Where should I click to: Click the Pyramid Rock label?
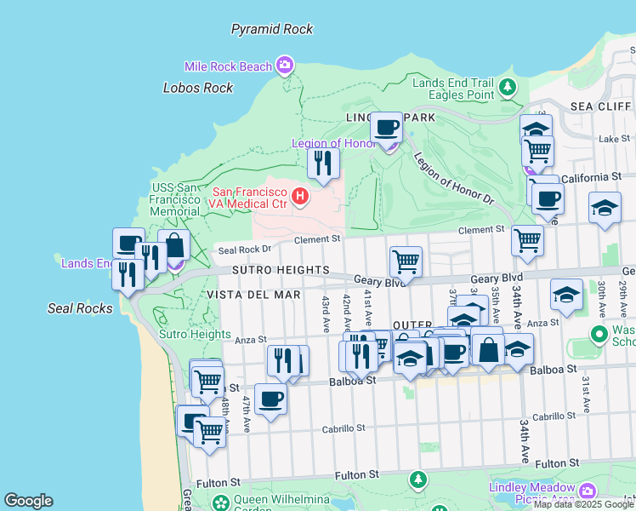point(272,29)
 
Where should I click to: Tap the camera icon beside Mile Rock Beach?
point(285,65)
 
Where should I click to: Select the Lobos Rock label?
point(198,88)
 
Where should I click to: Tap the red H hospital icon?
point(299,198)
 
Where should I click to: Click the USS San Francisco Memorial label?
point(175,199)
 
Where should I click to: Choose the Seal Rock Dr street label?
point(244,250)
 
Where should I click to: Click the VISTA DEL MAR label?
point(253,295)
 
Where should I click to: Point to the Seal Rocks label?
point(80,308)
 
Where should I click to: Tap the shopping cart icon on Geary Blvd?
point(406,261)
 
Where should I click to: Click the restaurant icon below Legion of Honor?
point(323,162)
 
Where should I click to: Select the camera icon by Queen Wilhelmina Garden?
point(221,502)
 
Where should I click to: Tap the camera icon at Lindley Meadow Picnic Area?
point(587,491)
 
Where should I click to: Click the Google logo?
point(28,501)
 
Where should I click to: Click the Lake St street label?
point(612,138)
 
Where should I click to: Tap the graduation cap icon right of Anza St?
point(566,294)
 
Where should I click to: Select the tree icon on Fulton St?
point(417,479)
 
